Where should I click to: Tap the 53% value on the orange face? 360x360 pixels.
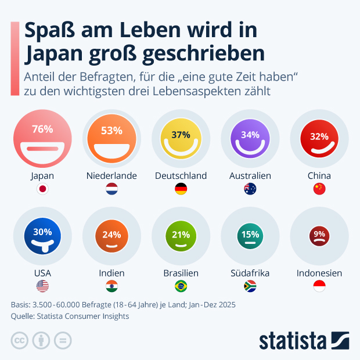coord(111,130)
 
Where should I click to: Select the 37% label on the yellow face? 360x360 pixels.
coord(181,135)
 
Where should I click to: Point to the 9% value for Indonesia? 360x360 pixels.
coord(319,235)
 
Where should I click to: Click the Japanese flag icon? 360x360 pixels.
coord(42,189)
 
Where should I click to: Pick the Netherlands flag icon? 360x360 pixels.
coord(111,189)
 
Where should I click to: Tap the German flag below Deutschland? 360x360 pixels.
coord(181,189)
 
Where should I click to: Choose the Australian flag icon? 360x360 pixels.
coord(250,189)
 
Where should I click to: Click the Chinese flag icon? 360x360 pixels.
coord(319,189)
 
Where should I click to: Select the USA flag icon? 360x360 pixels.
coord(42,286)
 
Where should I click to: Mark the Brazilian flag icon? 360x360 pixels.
coord(181,286)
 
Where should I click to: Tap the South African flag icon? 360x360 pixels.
coord(250,286)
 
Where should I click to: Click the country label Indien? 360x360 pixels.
coord(111,273)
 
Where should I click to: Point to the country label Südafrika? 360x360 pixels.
coord(250,273)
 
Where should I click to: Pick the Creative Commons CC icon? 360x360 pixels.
coord(20,340)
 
